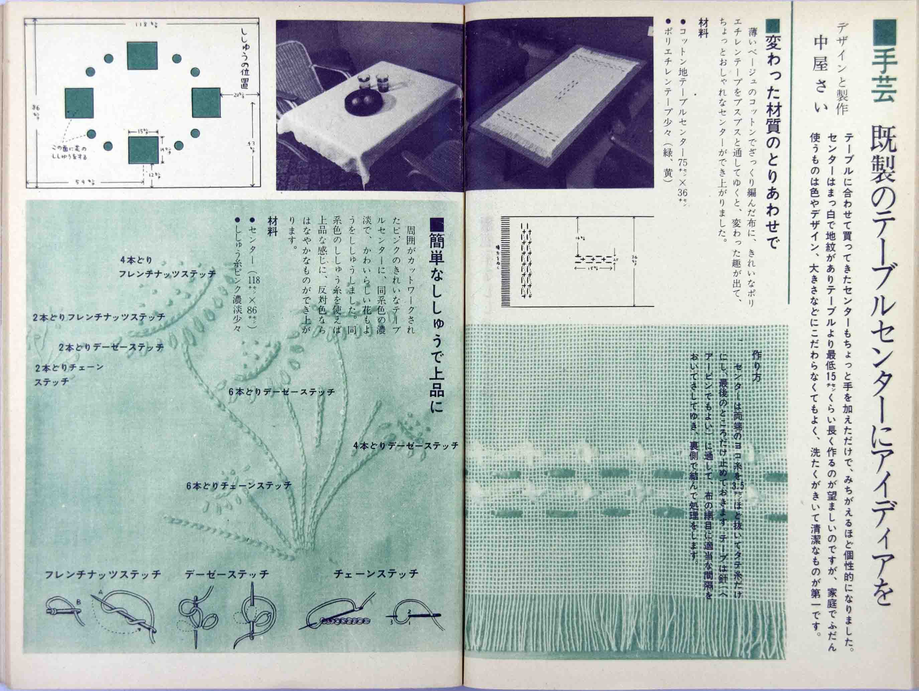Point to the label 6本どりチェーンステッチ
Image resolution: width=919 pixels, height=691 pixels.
tap(239, 485)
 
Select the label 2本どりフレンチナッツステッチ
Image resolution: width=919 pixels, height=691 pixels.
tap(99, 317)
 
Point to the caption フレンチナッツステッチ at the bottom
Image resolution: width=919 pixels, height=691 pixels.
tap(103, 575)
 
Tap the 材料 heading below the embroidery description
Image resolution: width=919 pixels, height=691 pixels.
tap(273, 227)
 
